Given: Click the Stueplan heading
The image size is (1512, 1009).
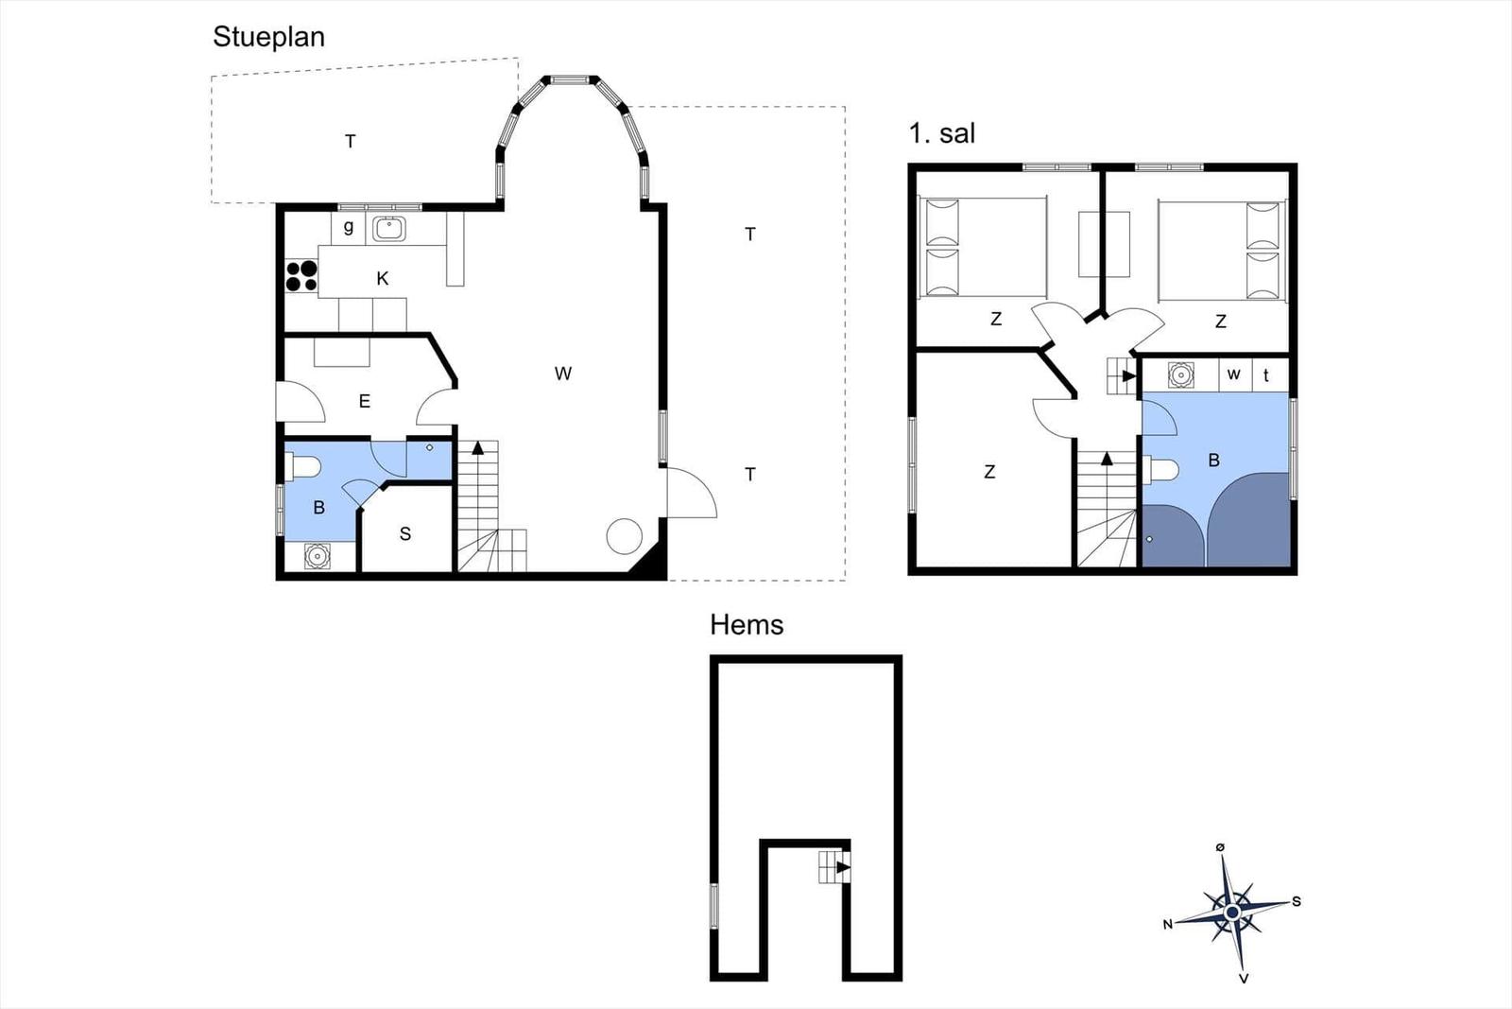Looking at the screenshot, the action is [268, 38].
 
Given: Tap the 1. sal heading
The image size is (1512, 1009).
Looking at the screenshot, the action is [941, 133].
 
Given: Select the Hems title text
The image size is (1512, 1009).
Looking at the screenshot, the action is [747, 625].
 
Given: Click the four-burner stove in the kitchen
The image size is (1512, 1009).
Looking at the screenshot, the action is [301, 276].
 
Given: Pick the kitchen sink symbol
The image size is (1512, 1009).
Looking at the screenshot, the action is [388, 229].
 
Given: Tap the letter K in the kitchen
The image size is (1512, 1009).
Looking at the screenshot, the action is [382, 278].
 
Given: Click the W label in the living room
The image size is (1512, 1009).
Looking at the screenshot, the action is [563, 374].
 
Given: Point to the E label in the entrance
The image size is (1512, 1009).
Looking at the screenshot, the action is [365, 402].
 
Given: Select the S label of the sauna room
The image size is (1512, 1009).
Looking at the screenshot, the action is [405, 534].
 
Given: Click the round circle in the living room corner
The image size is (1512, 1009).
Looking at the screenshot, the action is [624, 536].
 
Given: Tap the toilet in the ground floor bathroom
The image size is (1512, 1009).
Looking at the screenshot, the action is [302, 467].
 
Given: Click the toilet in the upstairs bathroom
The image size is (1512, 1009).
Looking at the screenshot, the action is [1160, 469].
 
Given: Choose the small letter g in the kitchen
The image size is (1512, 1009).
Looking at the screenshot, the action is [349, 227].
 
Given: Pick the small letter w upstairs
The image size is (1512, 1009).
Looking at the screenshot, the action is [1234, 374].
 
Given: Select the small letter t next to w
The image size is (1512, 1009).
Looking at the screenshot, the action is [1266, 374].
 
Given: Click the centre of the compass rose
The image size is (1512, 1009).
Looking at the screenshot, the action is [1232, 913].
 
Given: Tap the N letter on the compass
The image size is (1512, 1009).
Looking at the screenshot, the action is [1168, 925].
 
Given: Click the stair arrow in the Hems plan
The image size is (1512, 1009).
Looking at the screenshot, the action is [843, 867].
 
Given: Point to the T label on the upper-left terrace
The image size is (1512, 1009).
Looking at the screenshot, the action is [351, 141].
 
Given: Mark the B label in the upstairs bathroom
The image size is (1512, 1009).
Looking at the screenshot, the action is [1213, 461].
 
